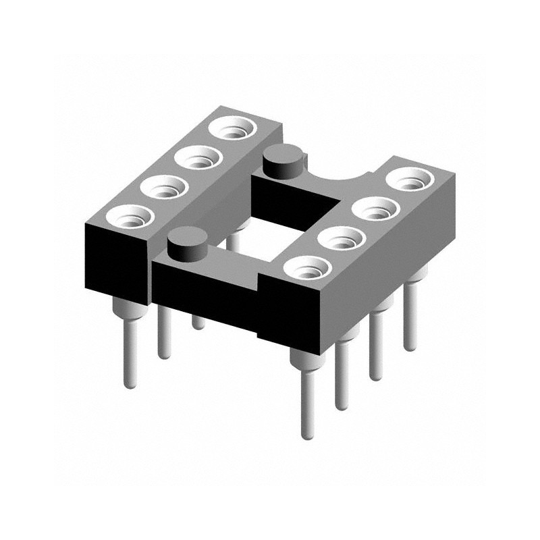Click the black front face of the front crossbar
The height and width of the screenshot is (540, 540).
pos(202,290)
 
